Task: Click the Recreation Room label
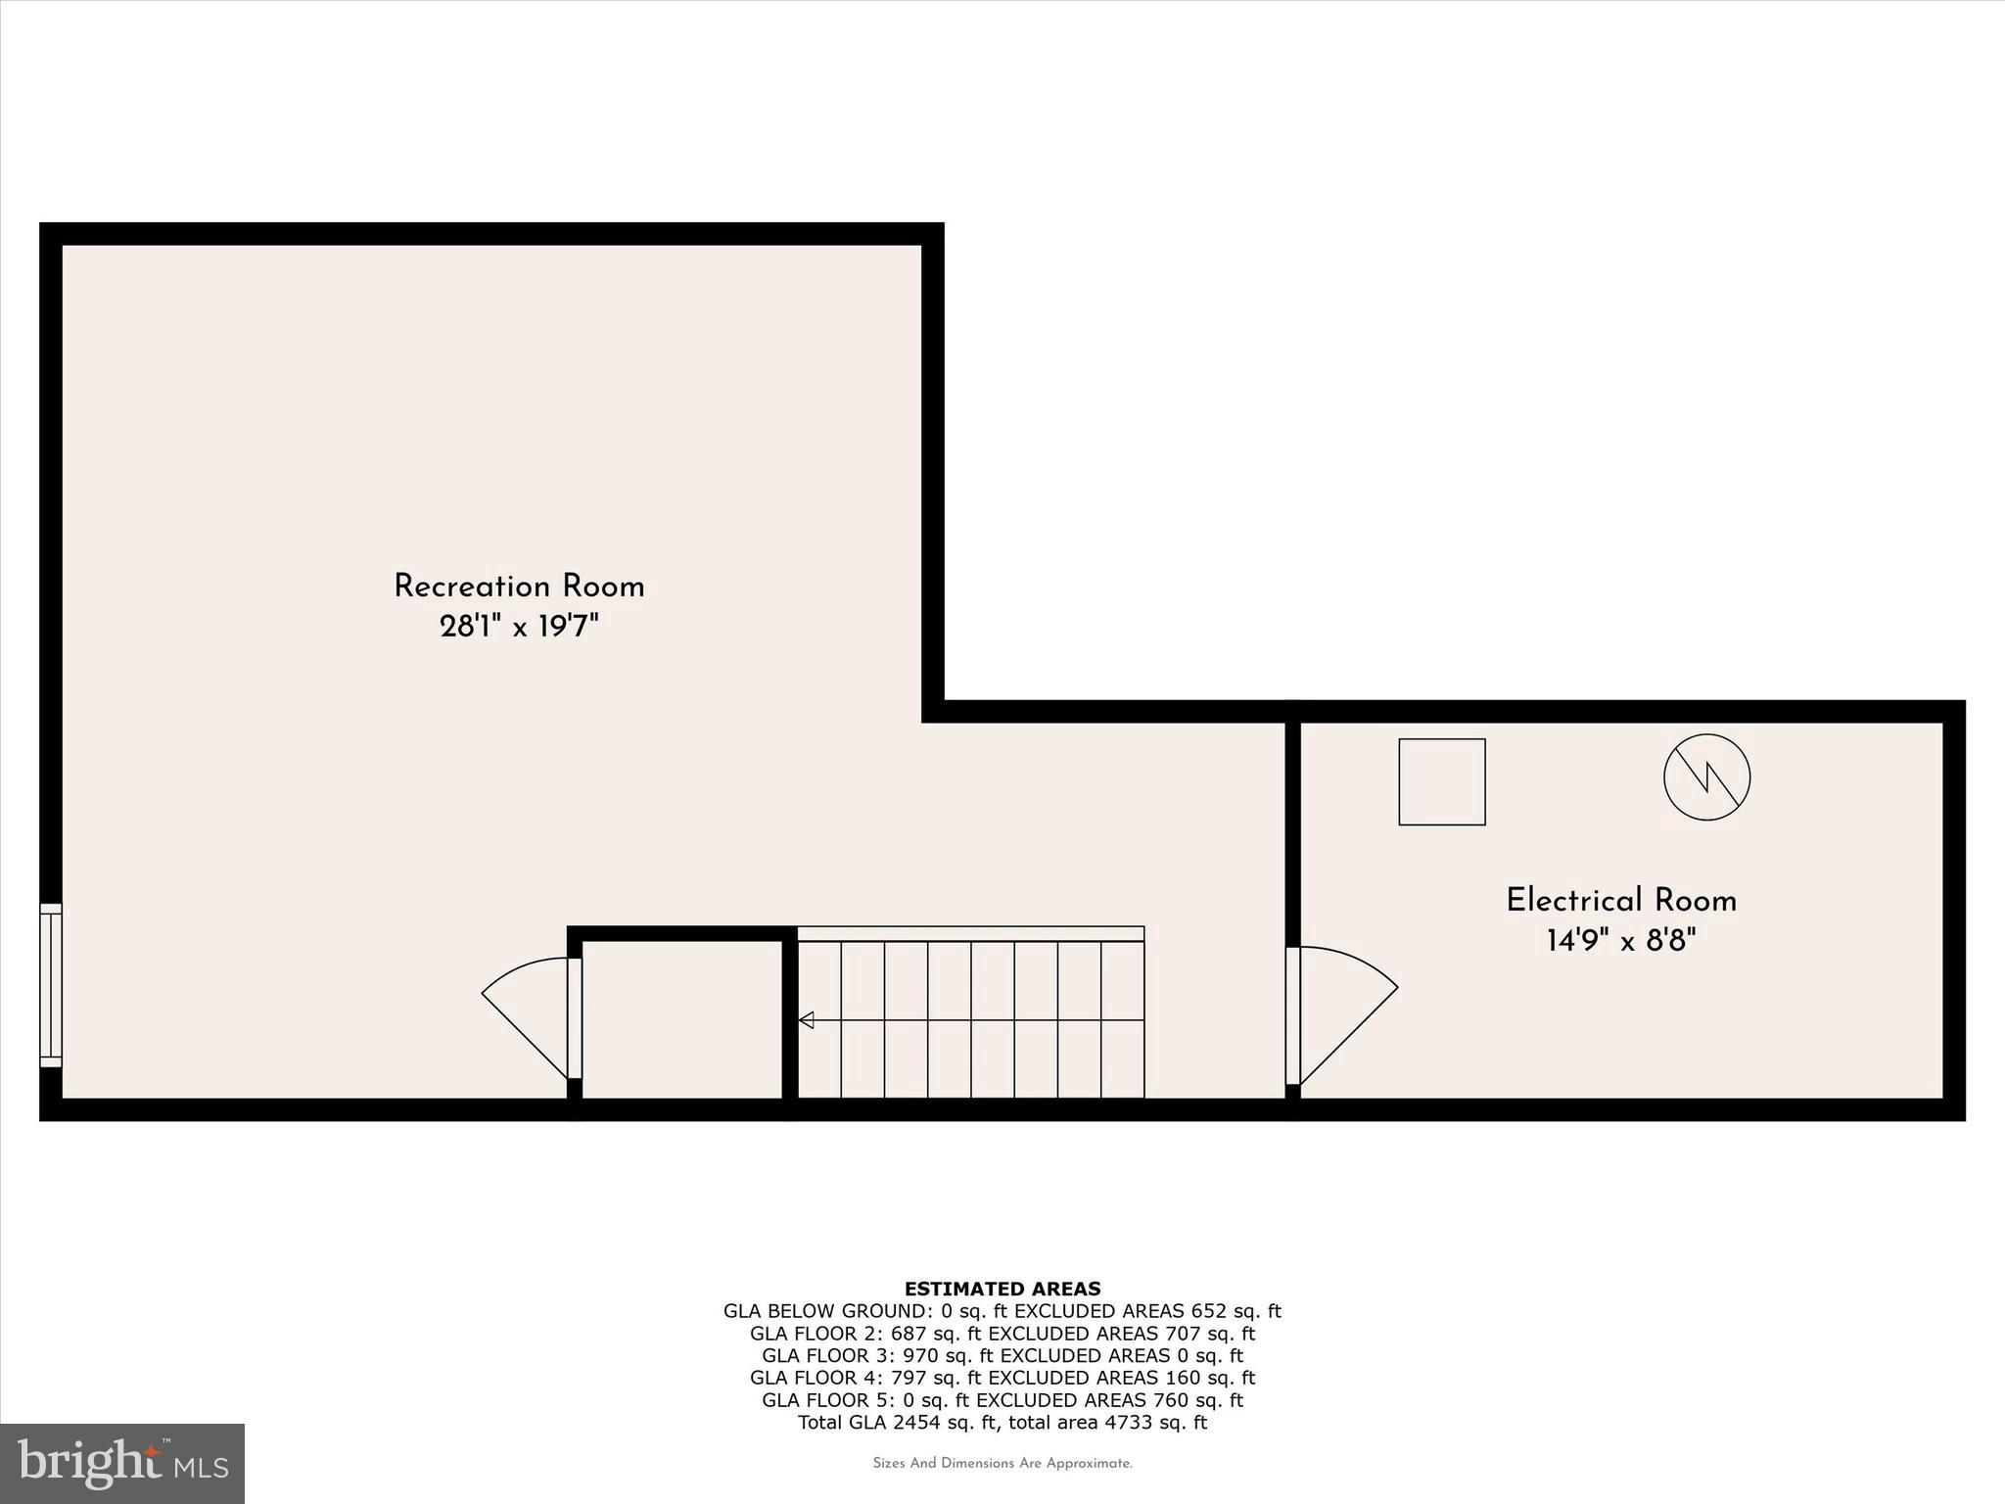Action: [x=519, y=587]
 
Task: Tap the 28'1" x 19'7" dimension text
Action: [x=519, y=627]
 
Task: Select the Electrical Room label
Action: [x=1621, y=901]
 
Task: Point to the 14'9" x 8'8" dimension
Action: [x=1621, y=941]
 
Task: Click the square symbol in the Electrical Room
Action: [x=1441, y=781]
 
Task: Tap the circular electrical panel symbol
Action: [x=1706, y=776]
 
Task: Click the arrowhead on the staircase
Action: [x=807, y=1020]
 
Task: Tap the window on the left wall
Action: [x=51, y=985]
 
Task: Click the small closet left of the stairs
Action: [x=682, y=1018]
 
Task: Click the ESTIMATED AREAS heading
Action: [x=1002, y=1289]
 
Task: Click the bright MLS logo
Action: [x=122, y=1463]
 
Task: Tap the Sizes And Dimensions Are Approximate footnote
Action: [x=1002, y=1464]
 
